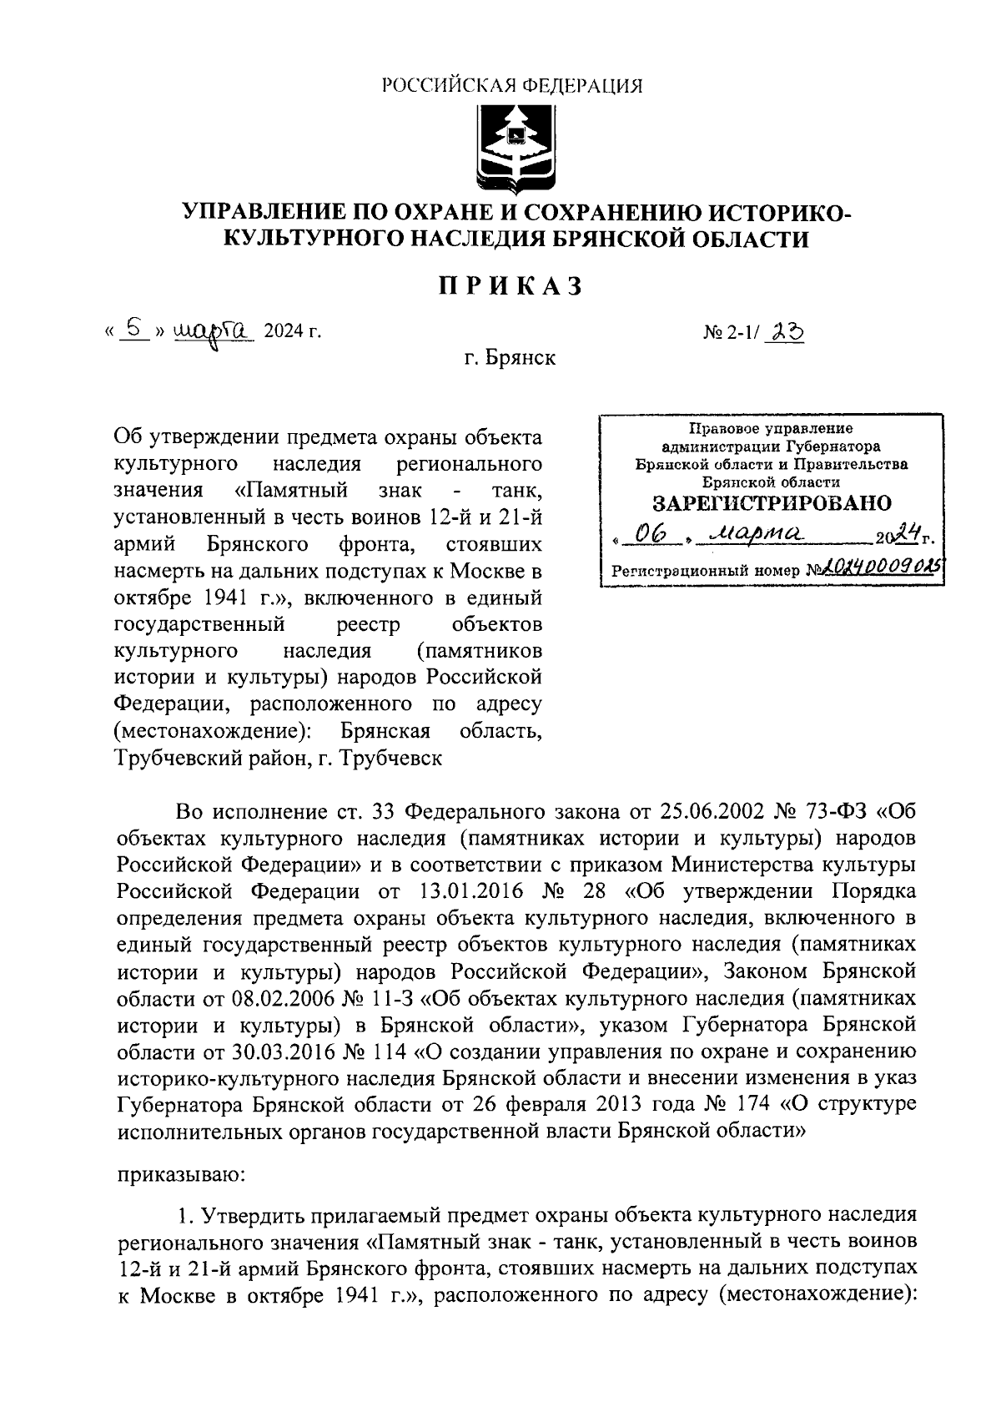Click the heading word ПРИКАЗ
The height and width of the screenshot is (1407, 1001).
point(511,286)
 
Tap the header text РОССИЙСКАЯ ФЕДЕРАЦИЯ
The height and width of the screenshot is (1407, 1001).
point(511,85)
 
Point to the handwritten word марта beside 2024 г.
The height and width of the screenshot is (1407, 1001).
point(212,333)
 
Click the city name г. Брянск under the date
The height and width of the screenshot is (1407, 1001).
point(511,359)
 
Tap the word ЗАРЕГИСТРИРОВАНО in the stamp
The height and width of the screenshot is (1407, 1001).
point(771,503)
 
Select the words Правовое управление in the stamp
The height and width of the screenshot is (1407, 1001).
point(771,429)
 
